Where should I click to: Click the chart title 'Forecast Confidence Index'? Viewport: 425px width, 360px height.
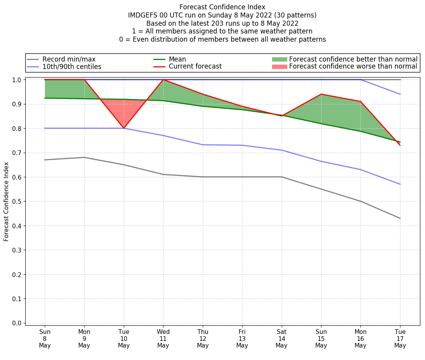(x=222, y=7)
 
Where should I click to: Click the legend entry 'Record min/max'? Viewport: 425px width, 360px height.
(x=68, y=59)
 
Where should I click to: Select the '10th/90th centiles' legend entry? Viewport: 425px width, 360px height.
(x=72, y=67)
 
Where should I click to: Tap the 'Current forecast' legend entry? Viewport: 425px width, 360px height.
(x=195, y=67)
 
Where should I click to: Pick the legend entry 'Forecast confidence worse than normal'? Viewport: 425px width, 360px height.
(x=353, y=67)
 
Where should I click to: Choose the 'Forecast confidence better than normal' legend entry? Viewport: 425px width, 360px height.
(x=353, y=59)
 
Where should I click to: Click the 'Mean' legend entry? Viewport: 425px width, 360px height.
(x=177, y=59)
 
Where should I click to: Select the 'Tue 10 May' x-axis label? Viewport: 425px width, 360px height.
(x=124, y=339)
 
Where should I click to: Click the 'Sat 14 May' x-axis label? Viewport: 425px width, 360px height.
(x=281, y=339)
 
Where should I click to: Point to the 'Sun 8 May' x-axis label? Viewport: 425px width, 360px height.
(x=45, y=339)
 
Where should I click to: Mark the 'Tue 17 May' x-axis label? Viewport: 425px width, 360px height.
(x=400, y=339)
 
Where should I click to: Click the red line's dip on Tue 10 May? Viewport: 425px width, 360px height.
(x=124, y=128)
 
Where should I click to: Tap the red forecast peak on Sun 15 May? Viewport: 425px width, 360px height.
(x=321, y=94)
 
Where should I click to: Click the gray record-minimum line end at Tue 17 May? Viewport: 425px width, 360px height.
(x=400, y=218)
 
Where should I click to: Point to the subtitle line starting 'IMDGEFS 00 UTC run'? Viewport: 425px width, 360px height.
(x=222, y=15)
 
